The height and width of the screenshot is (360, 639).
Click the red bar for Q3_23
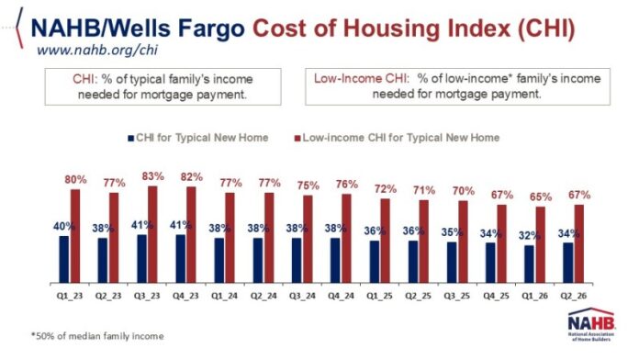(152, 234)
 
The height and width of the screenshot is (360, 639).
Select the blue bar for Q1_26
(529, 264)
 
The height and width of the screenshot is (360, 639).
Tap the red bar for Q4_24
(346, 239)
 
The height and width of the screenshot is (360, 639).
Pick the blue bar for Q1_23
(64, 259)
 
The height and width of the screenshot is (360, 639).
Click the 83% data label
(152, 176)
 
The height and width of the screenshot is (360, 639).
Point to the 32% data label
(530, 236)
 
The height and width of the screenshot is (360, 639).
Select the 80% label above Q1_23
(76, 179)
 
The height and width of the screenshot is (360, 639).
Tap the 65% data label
(541, 197)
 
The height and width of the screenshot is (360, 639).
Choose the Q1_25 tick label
(379, 296)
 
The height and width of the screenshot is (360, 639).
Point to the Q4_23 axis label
(185, 296)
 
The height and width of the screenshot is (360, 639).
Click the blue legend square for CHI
(130, 138)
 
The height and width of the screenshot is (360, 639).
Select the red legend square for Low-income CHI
(297, 138)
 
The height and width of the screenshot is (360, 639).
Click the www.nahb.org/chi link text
(97, 51)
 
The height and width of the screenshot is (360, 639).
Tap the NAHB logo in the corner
(592, 324)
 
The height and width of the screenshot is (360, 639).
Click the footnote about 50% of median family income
(97, 336)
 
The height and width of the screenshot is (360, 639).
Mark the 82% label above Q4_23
(192, 177)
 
